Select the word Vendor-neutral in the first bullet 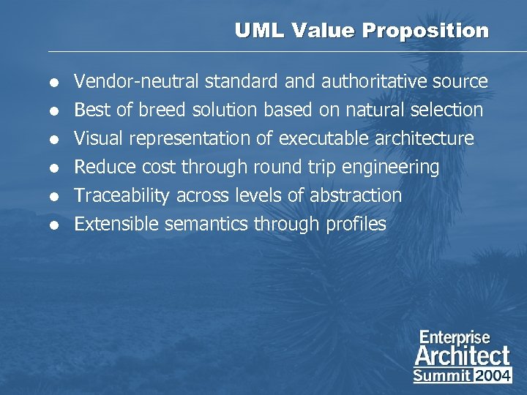(137, 81)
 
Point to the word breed (159, 110)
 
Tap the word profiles (356, 224)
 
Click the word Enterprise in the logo (455, 338)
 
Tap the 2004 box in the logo (493, 375)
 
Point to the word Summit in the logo (442, 375)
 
